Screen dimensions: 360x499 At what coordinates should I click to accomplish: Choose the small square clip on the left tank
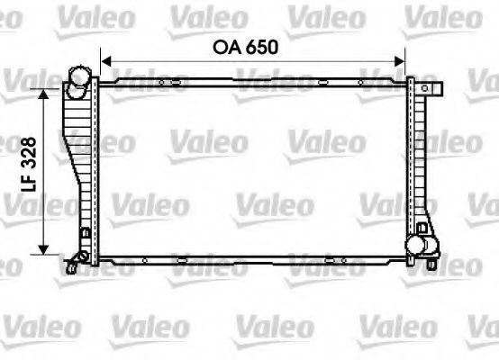coord(86,235)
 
